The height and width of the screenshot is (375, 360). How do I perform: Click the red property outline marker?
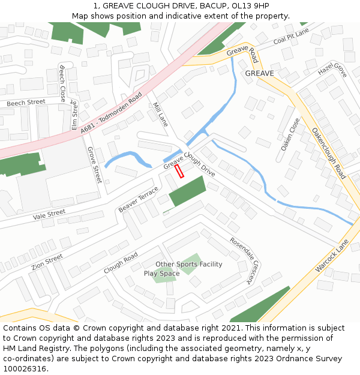tap(179, 172)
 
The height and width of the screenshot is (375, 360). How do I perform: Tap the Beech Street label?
tap(26, 103)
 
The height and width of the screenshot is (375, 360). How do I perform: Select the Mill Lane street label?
tap(161, 114)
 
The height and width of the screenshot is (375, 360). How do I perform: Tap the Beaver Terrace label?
tap(138, 199)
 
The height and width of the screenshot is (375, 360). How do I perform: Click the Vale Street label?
tap(49, 214)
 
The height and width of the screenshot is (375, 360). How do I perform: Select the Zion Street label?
tap(47, 262)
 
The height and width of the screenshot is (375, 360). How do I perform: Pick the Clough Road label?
tap(121, 262)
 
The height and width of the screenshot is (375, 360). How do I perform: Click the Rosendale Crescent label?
tap(247, 260)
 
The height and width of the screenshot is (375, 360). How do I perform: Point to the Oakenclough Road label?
tap(329, 152)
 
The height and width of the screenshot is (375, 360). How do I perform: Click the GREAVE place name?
tap(259, 73)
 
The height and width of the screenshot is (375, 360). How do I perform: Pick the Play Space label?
tap(161, 274)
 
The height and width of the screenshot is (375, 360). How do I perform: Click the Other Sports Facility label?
tap(188, 264)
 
